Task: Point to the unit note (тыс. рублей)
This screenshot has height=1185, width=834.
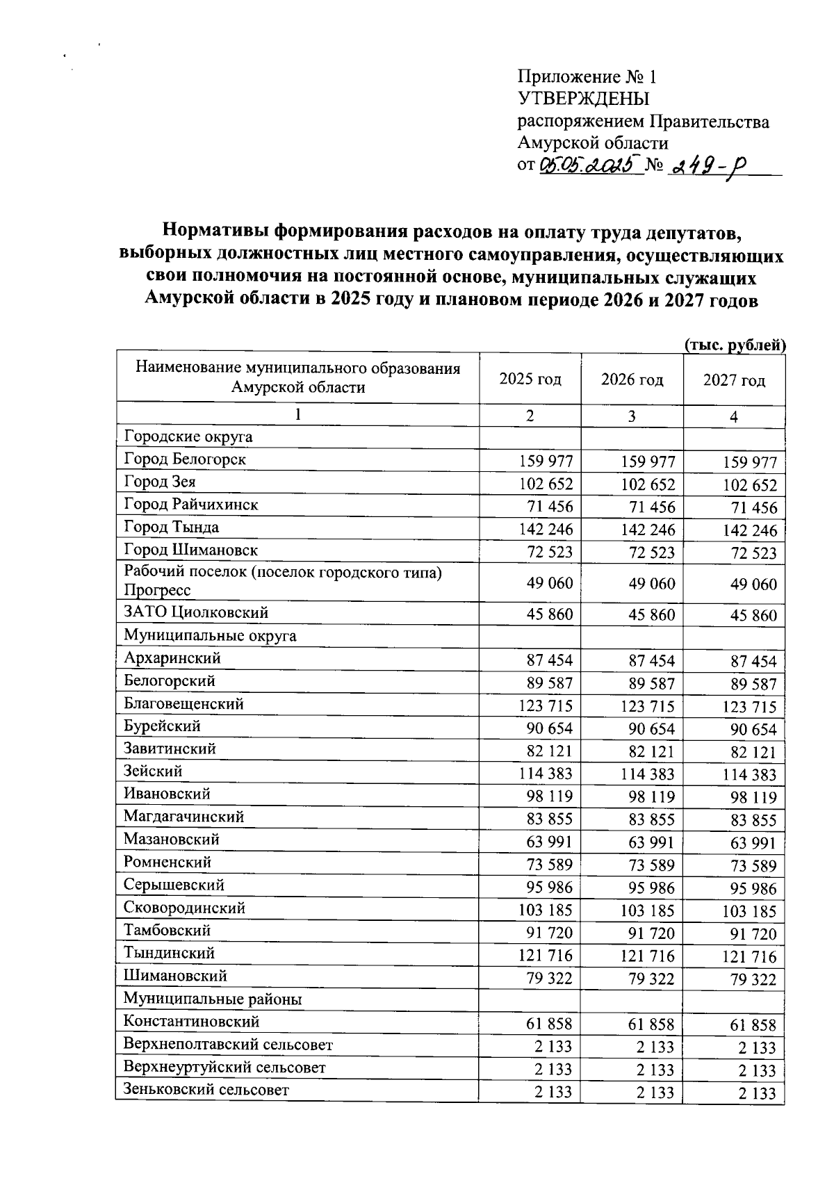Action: tap(735, 344)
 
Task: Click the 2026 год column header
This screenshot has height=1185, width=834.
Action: tap(632, 379)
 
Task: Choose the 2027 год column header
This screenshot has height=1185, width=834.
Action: tap(734, 380)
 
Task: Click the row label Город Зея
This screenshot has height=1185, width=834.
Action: tap(160, 482)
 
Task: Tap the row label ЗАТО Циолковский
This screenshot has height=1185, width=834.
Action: tap(196, 612)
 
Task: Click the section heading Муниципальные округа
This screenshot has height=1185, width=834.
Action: tap(210, 635)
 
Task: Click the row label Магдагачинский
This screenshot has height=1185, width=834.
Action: tap(183, 816)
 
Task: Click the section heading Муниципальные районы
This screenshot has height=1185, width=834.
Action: tap(213, 999)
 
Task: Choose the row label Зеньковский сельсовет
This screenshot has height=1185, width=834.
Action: tap(206, 1089)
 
